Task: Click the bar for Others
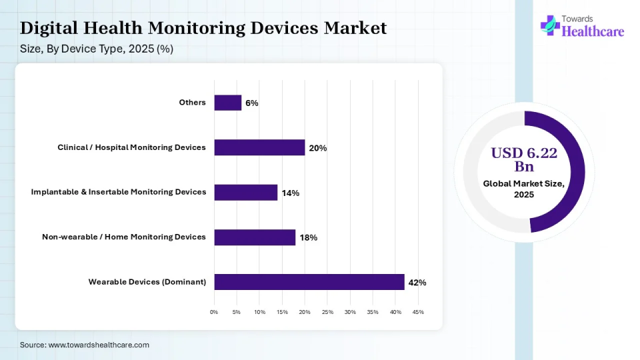tap(228, 103)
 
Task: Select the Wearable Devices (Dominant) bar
tap(309, 282)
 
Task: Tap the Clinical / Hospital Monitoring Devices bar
tap(259, 147)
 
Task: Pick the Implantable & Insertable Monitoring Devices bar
tap(246, 193)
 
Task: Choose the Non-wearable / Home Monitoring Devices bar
tap(255, 237)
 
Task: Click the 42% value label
tap(417, 283)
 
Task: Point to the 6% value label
tap(251, 103)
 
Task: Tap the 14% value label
tap(290, 193)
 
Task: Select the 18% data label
tap(308, 238)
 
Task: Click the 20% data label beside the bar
tap(317, 148)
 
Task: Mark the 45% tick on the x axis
tap(418, 312)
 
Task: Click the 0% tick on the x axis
tap(214, 312)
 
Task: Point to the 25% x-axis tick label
tap(327, 312)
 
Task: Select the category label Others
tap(192, 103)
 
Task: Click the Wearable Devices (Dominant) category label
tap(147, 282)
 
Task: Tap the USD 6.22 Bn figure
tap(524, 159)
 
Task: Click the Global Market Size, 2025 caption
tap(524, 189)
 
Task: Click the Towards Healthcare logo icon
tap(550, 25)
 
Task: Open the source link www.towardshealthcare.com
tap(99, 345)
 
